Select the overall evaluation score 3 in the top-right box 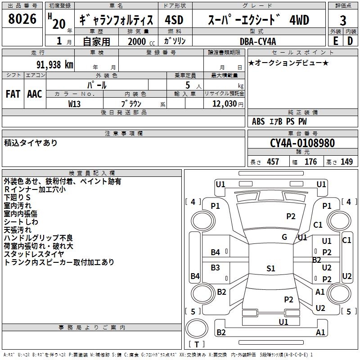pyautogui.click(x=343, y=20)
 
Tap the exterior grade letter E pyautogui.click(x=335, y=40)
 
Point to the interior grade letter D pyautogui.click(x=350, y=40)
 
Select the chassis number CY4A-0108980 pyautogui.click(x=302, y=143)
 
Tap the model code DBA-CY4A pyautogui.click(x=258, y=41)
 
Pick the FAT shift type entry pyautogui.click(x=13, y=94)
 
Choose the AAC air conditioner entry pyautogui.click(x=35, y=94)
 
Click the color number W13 pyautogui.click(x=74, y=103)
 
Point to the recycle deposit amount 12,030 pyautogui.click(x=224, y=103)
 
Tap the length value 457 pyautogui.click(x=273, y=162)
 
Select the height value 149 pyautogui.click(x=346, y=162)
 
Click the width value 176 pyautogui.click(x=310, y=162)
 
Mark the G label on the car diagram pyautogui.click(x=284, y=237)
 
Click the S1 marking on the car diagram pyautogui.click(x=270, y=269)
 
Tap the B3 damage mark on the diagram pyautogui.click(x=216, y=268)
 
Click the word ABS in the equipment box pyautogui.click(x=258, y=121)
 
